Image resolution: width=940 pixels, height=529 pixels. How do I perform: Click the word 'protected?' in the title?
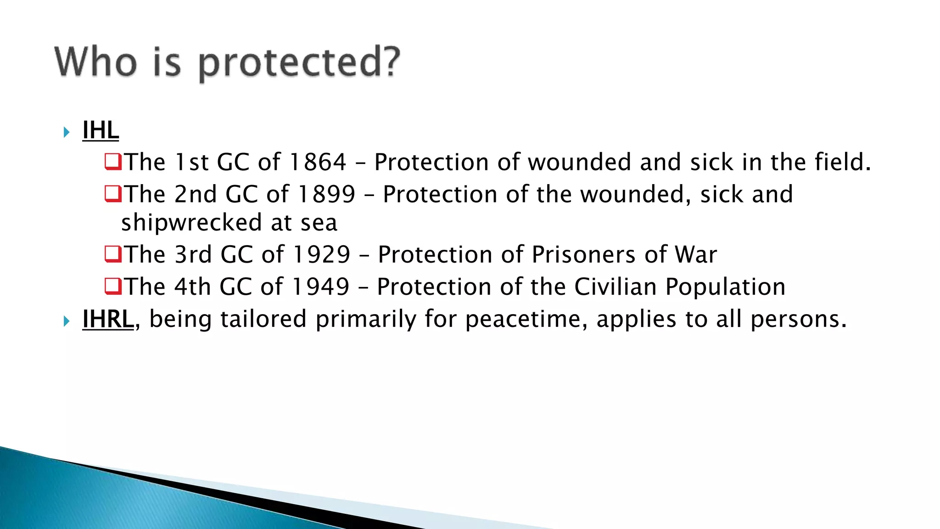point(299,63)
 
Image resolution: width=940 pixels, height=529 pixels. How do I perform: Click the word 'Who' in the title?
point(95,62)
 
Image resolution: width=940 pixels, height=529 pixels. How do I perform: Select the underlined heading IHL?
point(101,130)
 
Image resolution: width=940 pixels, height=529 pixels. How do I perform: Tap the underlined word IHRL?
point(108,319)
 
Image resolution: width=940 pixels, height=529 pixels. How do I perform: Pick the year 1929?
point(322,255)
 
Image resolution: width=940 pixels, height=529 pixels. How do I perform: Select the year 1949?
point(321,287)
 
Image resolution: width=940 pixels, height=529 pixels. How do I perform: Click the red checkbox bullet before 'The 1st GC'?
point(113,162)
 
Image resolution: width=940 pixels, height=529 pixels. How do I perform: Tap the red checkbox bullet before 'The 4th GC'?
point(113,286)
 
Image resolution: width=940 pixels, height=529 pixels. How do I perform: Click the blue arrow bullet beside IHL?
point(67,133)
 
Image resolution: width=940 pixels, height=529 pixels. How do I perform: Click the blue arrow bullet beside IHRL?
point(67,321)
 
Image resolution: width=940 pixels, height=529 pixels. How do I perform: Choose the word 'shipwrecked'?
point(191,223)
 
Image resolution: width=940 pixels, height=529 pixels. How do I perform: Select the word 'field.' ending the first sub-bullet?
point(843,162)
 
